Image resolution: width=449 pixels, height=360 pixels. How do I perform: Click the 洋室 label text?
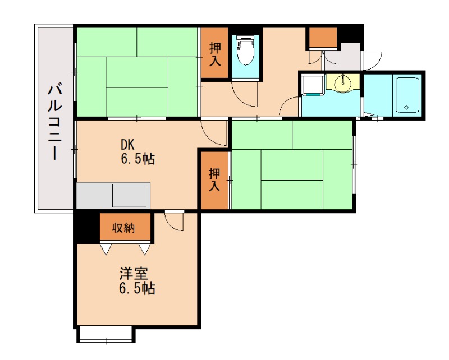tap(134, 275)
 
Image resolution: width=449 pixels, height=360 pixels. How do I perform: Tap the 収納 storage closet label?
tap(125, 228)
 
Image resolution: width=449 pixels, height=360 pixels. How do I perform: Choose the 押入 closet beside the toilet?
tap(214, 54)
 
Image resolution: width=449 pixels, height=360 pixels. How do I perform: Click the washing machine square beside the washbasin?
tap(311, 85)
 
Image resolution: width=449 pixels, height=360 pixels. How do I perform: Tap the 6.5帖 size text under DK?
tap(137, 159)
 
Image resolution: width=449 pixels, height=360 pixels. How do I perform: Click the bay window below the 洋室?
tap(106, 334)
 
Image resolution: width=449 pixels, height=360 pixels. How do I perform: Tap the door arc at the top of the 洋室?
tap(175, 222)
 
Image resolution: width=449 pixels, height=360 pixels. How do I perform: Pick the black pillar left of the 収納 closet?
tap(86, 227)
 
